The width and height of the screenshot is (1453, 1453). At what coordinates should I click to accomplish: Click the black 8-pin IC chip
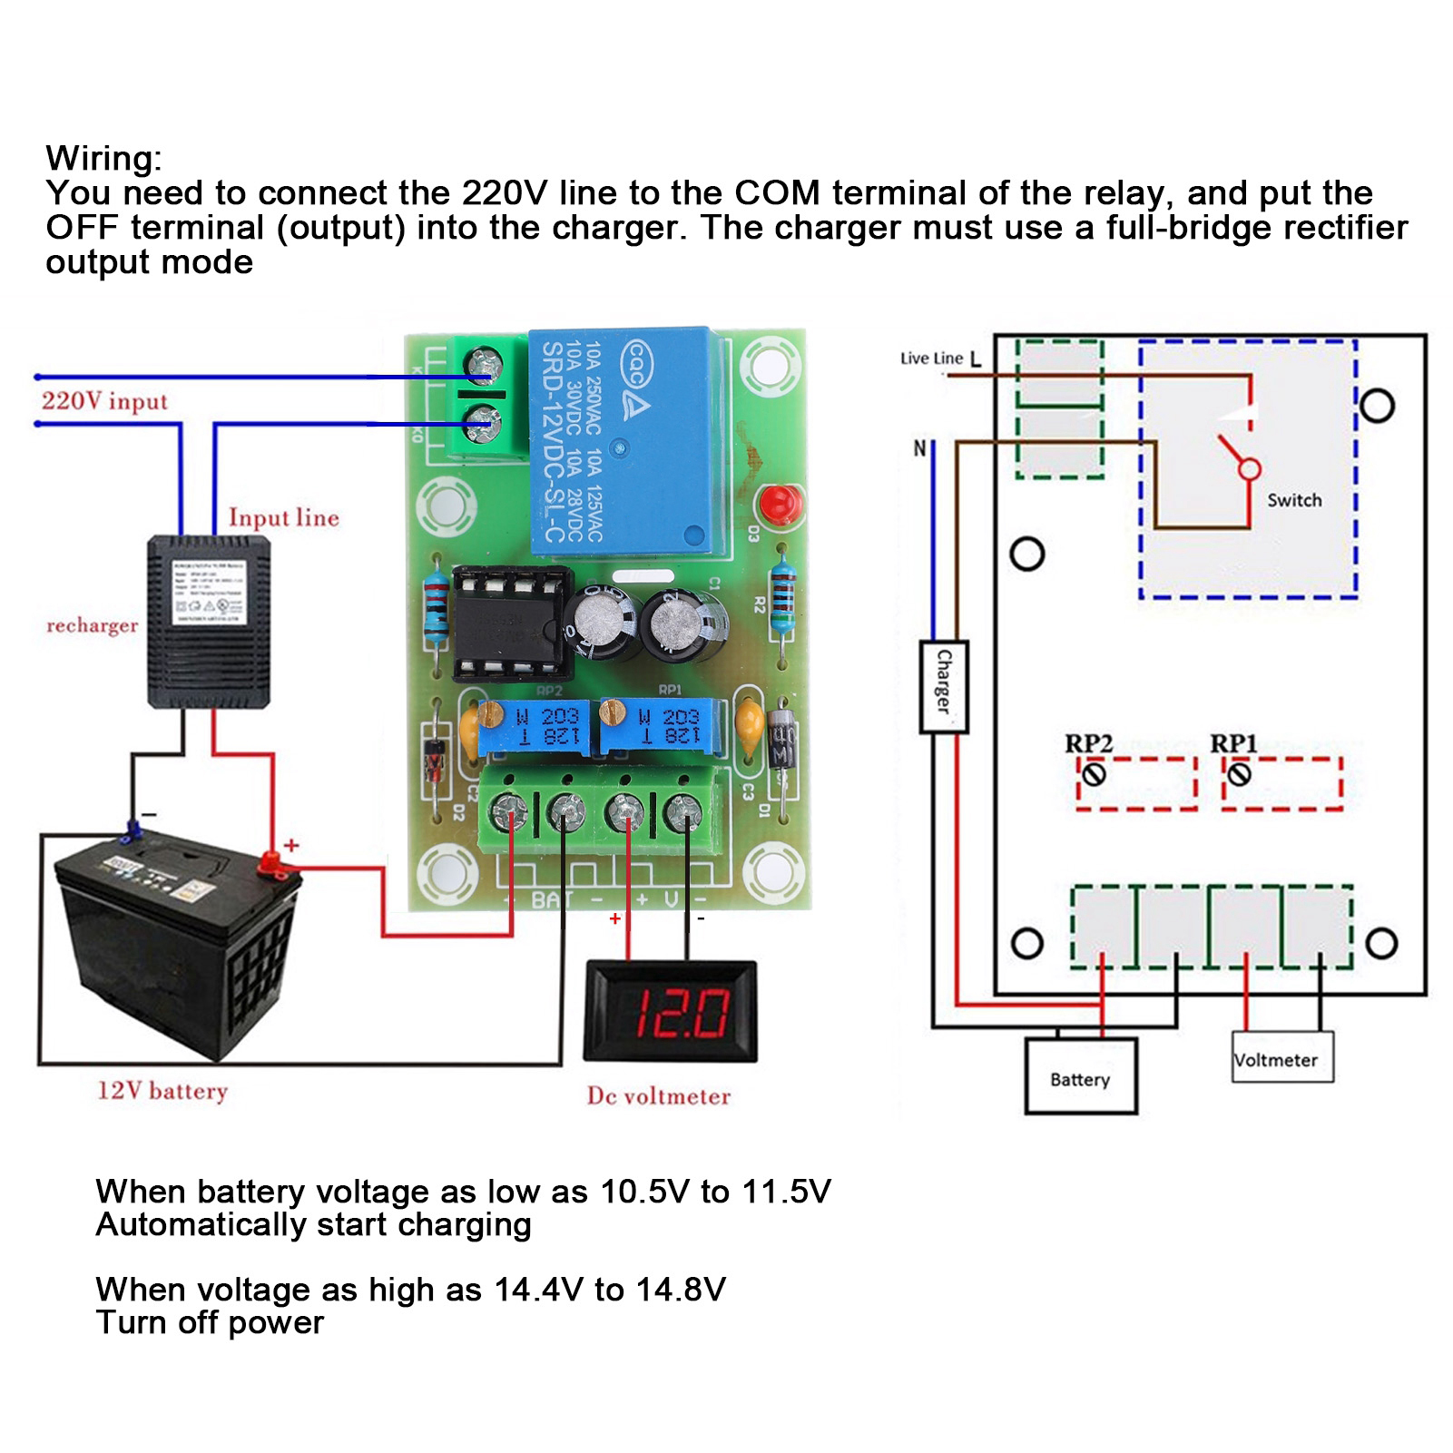coord(510,624)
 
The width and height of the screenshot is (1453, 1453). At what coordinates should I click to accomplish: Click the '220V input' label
coord(104,401)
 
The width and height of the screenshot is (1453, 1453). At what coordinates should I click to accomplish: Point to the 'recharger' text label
coord(92,625)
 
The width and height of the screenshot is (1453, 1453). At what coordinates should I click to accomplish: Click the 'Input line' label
coord(283,518)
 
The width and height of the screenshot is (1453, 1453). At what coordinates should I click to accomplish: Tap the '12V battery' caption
coord(162,1091)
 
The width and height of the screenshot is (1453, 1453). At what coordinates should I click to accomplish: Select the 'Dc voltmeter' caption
coord(658,1096)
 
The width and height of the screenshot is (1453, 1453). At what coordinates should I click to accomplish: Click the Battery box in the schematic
coord(1080,1078)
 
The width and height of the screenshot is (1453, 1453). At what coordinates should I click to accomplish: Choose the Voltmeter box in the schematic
coord(1281,1058)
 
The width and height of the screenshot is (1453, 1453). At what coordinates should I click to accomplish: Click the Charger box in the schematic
coord(944,686)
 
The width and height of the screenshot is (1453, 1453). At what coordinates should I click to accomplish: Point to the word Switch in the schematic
coord(1294,500)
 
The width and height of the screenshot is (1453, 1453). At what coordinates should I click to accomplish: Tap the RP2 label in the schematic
coord(1088,743)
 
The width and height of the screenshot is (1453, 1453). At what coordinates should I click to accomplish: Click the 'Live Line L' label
coord(940,358)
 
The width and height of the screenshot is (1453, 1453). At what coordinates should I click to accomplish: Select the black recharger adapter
coord(208,622)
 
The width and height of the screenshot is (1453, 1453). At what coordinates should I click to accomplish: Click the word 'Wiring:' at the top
coord(103,159)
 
